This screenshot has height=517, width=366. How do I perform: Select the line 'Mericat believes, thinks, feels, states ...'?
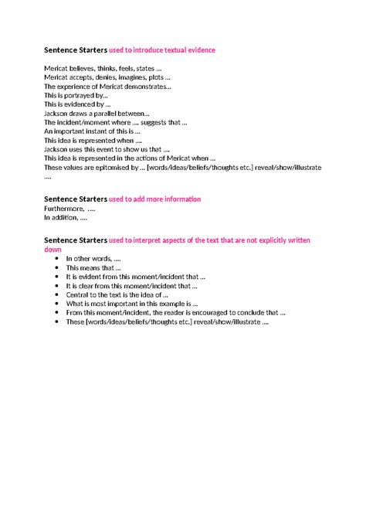pyautogui.click(x=103, y=70)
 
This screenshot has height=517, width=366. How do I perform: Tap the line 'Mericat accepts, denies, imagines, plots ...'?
pyautogui.click(x=107, y=78)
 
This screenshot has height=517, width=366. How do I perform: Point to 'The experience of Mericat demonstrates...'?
pyautogui.click(x=107, y=87)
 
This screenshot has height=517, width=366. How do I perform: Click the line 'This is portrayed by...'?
pyautogui.click(x=76, y=96)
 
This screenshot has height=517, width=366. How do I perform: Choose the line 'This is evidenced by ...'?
pyautogui.click(x=77, y=104)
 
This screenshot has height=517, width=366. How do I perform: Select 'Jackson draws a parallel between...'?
pyautogui.click(x=97, y=114)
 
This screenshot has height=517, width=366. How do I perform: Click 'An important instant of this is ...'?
pyautogui.click(x=93, y=131)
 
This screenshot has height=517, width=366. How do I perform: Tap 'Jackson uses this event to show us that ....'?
pyautogui.click(x=107, y=149)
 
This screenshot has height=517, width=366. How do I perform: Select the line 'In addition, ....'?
pyautogui.click(x=65, y=217)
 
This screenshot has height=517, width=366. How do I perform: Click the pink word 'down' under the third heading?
pyautogui.click(x=53, y=250)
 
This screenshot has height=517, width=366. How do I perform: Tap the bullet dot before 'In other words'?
pyautogui.click(x=57, y=259)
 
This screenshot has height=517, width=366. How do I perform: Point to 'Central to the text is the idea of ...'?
pyautogui.click(x=117, y=294)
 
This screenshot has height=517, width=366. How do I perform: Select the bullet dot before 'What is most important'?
pyautogui.click(x=57, y=304)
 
